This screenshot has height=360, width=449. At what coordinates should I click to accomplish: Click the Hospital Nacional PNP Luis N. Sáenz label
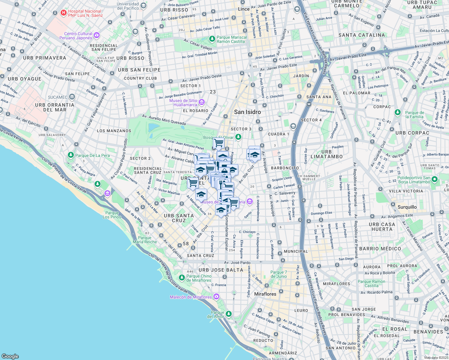(x=85, y=13)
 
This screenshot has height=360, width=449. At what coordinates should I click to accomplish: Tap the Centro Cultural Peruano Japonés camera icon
(x=96, y=35)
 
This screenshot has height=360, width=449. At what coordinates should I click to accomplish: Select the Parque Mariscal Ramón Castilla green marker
(x=212, y=39)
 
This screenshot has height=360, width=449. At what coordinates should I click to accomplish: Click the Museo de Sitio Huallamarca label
(x=183, y=103)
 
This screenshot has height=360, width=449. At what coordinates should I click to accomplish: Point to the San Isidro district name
(x=247, y=112)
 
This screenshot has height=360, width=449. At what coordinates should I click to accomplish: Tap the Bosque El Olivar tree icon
(x=238, y=137)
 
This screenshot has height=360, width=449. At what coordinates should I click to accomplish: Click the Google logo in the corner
(x=10, y=356)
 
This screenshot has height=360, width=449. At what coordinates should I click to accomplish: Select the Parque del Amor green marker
(x=229, y=314)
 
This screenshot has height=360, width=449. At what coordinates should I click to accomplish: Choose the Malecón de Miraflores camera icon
(x=216, y=297)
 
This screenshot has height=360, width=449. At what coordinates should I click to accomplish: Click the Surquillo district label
(x=407, y=207)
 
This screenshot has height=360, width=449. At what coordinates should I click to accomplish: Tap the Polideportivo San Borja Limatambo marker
(x=435, y=179)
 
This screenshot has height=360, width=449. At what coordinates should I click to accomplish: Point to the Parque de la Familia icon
(x=398, y=112)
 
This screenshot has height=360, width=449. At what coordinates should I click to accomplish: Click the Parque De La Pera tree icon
(x=71, y=155)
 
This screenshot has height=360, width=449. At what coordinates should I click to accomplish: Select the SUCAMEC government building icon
(x=72, y=97)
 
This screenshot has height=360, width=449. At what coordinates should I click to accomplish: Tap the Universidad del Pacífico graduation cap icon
(x=143, y=6)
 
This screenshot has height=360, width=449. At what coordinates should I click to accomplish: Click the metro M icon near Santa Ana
(x=309, y=104)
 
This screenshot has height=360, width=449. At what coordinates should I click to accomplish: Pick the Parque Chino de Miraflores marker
(x=182, y=277)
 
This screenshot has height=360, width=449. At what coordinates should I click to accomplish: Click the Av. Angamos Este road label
(x=397, y=216)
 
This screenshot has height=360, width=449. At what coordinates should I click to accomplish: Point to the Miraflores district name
(x=265, y=294)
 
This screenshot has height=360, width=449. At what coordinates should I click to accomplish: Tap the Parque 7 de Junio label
(x=279, y=274)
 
